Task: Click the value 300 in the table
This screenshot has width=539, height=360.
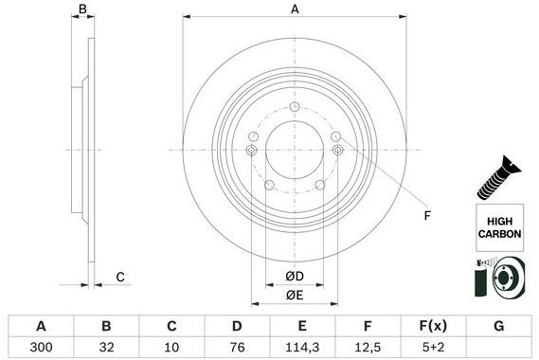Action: click(x=39, y=348)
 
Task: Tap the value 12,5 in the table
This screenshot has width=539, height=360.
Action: click(x=367, y=348)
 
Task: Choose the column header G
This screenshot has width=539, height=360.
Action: click(x=498, y=326)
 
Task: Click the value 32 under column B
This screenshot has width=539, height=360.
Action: click(x=106, y=348)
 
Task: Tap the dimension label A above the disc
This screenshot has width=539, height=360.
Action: click(x=295, y=9)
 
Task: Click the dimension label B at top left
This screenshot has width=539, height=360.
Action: click(x=83, y=9)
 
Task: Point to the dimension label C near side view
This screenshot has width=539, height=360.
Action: click(x=120, y=277)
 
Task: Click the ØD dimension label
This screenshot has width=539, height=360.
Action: click(x=295, y=277)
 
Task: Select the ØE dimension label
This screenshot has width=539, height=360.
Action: click(x=295, y=295)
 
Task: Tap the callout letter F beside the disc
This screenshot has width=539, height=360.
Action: click(x=426, y=216)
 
